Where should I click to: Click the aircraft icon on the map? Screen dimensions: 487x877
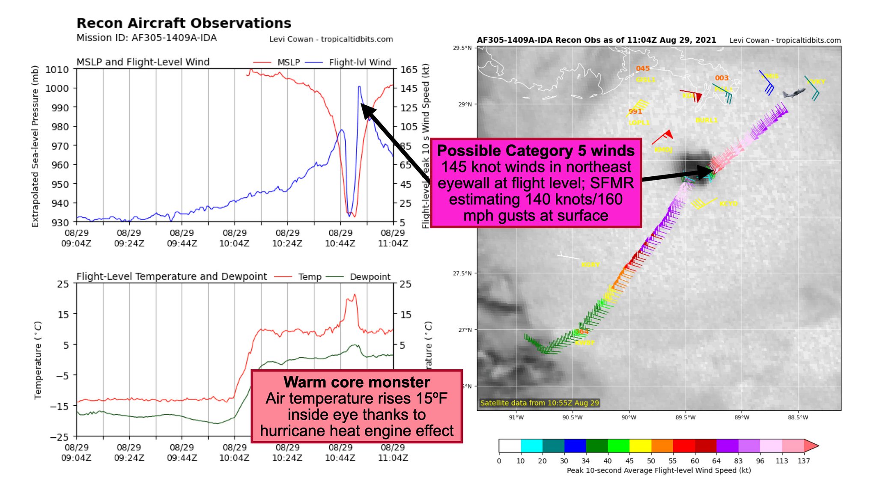tap(793, 92)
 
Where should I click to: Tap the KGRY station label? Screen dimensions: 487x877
tap(590, 265)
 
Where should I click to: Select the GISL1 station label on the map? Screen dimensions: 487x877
tap(645, 80)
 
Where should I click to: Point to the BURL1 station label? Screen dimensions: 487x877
tap(706, 120)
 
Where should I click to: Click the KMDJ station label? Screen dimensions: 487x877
tap(663, 150)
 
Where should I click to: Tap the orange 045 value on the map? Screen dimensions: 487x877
tap(642, 68)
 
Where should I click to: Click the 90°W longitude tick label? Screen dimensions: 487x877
tap(629, 417)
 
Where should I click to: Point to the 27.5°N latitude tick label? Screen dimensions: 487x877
tap(462, 273)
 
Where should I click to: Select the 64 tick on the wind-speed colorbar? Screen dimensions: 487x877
tap(716, 461)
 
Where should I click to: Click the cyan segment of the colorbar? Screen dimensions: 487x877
tap(531, 445)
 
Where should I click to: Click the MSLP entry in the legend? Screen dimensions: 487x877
tap(288, 62)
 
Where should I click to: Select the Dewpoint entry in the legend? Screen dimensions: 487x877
tap(370, 277)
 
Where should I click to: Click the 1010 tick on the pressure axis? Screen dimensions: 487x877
tap(57, 69)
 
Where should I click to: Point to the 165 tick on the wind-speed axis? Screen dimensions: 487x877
tap(409, 69)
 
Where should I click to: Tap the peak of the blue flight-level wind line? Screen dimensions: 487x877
tap(359, 87)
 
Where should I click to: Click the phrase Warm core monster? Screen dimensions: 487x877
tap(357, 382)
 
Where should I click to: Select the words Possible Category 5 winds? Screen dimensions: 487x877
tap(536, 151)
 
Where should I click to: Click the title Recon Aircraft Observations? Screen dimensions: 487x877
tap(184, 23)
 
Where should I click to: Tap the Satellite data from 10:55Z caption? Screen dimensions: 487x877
tap(539, 403)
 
